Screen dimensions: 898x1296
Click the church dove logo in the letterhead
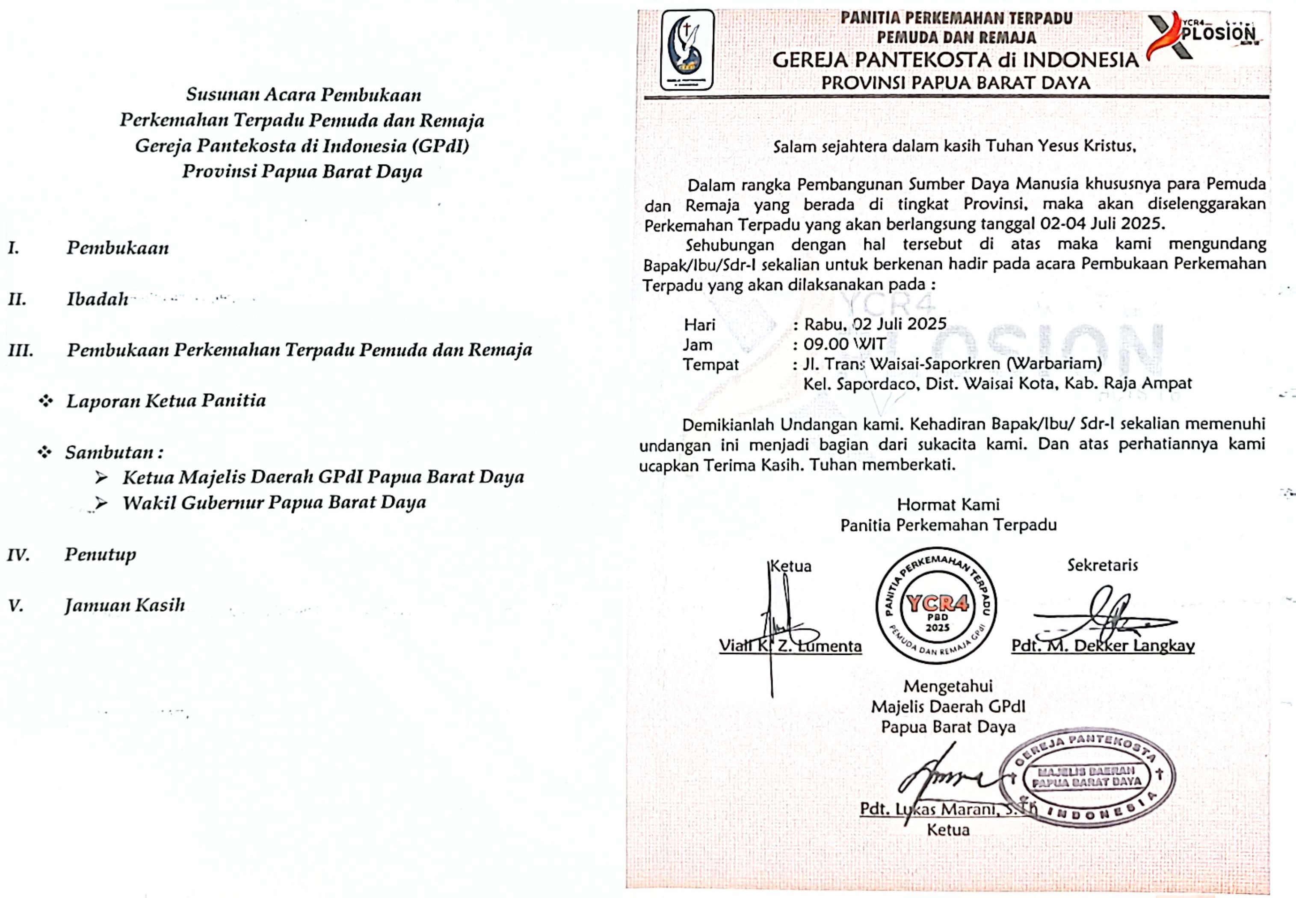coord(687,50)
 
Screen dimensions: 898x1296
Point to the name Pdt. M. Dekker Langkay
coord(1102,645)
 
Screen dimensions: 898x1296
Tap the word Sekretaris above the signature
coord(1102,565)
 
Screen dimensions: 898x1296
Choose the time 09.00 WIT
coord(844,344)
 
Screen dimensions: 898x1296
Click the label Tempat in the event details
coord(710,365)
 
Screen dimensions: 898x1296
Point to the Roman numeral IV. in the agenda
coord(18,555)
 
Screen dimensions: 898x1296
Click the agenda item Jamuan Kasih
coord(124,605)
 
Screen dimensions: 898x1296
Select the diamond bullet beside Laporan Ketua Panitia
coord(46,401)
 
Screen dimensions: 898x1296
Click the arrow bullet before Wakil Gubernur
coord(101,503)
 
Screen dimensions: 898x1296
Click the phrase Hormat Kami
coord(948,504)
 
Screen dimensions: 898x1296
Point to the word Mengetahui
coord(948,686)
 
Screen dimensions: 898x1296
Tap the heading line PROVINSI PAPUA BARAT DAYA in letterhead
coord(956,83)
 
